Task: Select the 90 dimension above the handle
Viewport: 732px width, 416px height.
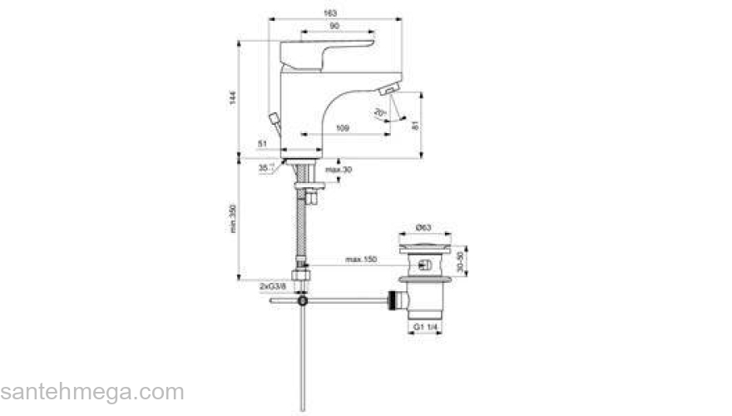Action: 334,27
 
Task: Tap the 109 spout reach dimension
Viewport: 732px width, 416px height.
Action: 341,127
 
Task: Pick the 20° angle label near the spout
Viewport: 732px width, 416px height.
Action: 379,112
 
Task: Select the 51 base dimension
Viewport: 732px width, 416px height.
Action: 262,144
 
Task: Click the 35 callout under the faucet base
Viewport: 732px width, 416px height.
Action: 264,167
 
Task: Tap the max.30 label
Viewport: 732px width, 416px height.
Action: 339,171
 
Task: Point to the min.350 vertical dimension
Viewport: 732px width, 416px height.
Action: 234,219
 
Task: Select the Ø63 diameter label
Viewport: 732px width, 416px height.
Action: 423,227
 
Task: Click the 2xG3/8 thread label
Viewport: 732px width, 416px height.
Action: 272,286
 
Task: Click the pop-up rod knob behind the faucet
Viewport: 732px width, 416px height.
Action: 275,118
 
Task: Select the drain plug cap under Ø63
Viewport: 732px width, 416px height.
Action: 425,246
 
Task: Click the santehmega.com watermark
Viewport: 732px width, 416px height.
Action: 91,392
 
